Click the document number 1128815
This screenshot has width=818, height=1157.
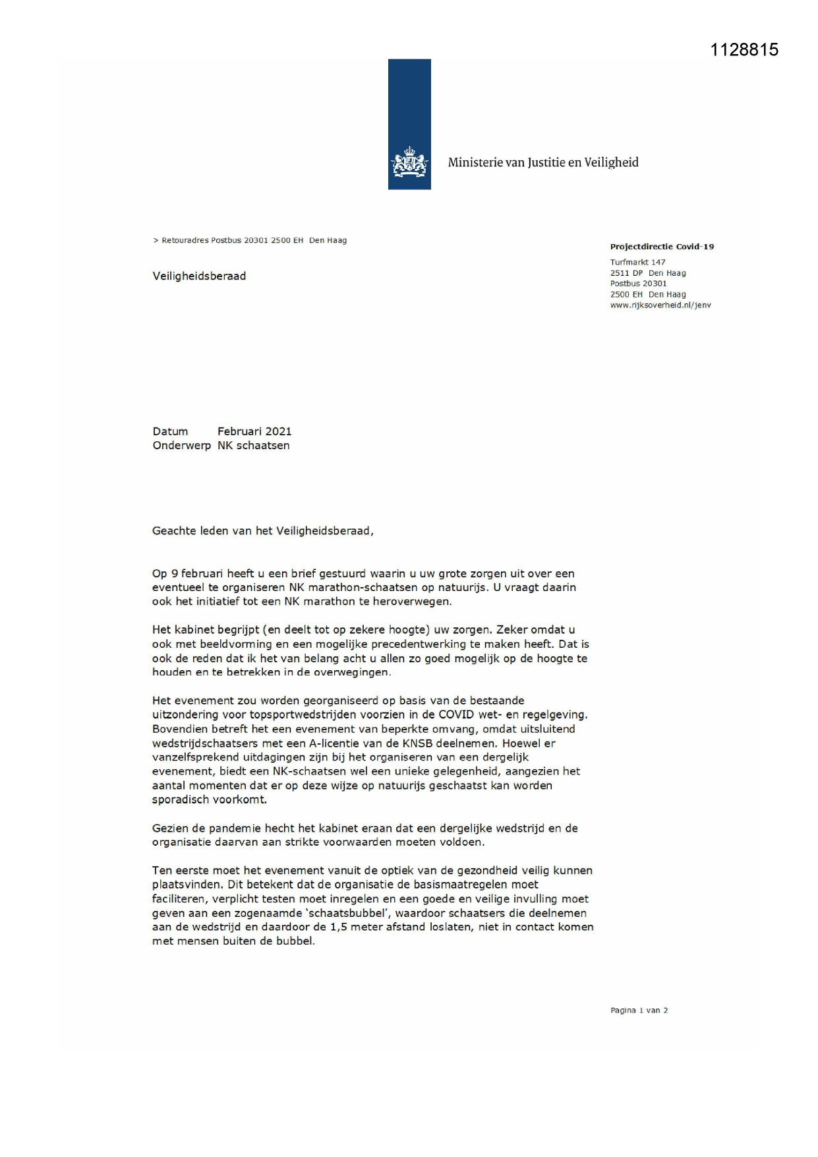coord(744,50)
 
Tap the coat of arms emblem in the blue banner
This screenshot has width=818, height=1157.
coord(409,163)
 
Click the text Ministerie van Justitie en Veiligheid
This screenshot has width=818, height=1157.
coord(543,162)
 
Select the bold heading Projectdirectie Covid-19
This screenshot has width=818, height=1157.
coord(662,247)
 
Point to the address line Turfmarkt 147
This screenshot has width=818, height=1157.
coord(637,262)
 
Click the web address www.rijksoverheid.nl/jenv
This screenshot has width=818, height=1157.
coord(660,305)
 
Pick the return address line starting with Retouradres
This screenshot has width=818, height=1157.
coord(250,241)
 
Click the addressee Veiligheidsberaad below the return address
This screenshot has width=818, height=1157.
coord(199,276)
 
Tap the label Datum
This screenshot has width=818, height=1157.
coord(170,431)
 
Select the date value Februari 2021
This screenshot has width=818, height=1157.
coord(254,431)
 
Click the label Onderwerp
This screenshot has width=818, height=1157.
coord(181,446)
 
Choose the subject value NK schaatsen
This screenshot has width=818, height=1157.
coord(254,446)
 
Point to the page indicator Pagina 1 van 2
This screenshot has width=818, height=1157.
coord(639,1011)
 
